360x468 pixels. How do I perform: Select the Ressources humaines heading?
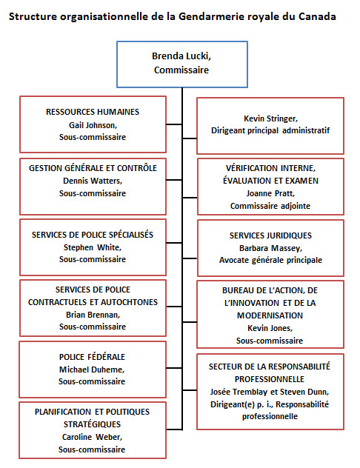(92, 112)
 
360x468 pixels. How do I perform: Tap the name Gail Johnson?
(92, 124)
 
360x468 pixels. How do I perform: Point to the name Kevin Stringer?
(270, 118)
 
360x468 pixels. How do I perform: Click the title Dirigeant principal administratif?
(270, 130)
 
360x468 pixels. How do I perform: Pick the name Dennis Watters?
(92, 180)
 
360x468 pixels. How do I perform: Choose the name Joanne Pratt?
(270, 193)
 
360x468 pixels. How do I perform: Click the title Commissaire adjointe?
(270, 205)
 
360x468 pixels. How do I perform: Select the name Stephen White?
(92, 247)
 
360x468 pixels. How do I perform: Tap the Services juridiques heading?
(270, 235)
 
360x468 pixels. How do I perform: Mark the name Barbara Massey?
(270, 247)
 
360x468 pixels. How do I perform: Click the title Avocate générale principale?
(270, 260)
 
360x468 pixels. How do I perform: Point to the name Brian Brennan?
(92, 314)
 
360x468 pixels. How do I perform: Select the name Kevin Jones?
(270, 327)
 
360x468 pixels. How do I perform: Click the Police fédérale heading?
(92, 356)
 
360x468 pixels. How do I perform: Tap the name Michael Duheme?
(92, 369)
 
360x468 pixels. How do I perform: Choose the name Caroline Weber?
(92, 436)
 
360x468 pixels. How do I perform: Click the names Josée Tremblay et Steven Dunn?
(270, 392)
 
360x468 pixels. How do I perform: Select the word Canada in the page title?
(311, 16)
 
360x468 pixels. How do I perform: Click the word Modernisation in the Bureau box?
(270, 315)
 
